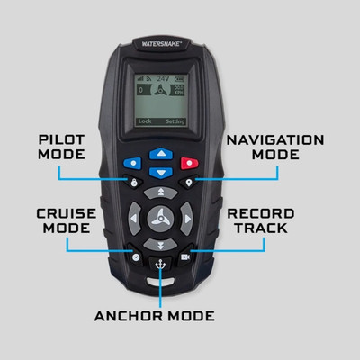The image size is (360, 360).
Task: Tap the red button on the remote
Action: [190, 164]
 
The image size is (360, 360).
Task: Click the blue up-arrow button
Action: [160, 153]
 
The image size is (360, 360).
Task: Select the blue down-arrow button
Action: [160, 171]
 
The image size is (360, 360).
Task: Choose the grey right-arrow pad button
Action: [185, 218]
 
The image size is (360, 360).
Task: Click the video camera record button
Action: [185, 257]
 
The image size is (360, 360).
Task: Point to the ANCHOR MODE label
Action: [155, 316]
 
